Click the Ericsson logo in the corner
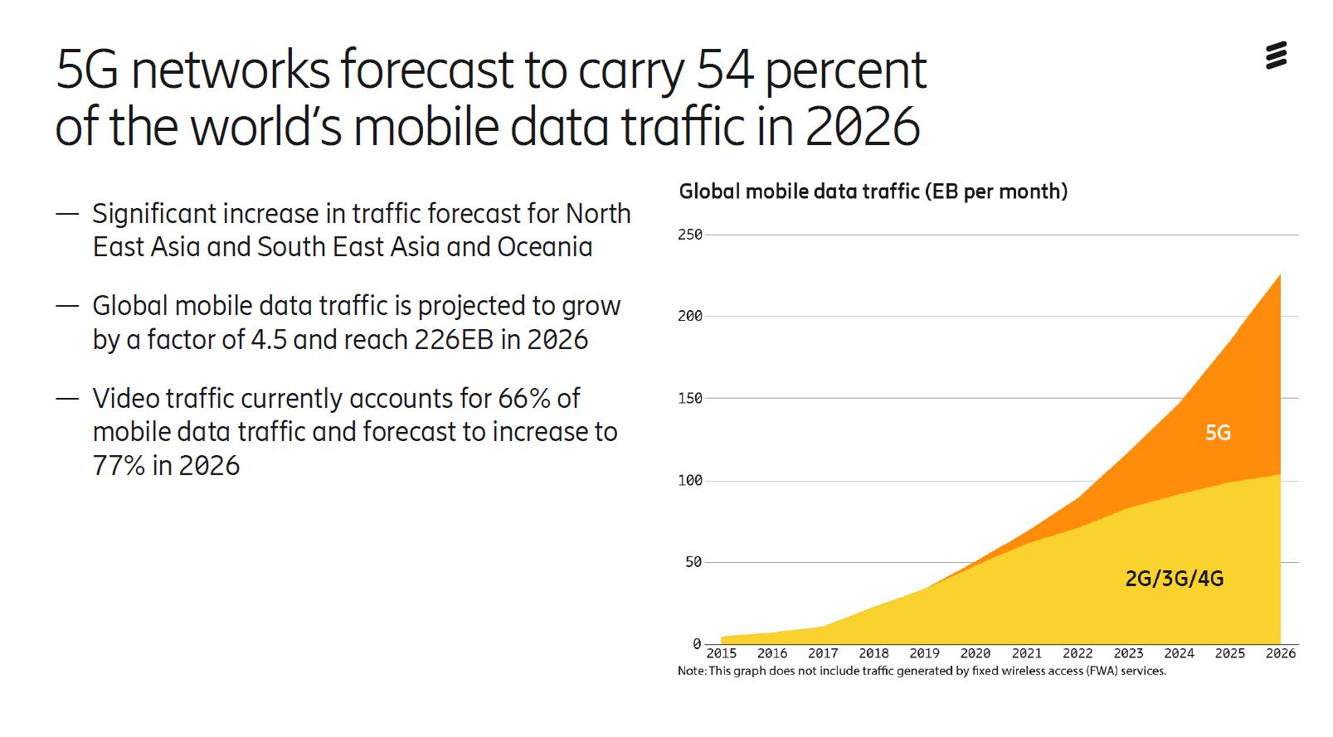[1276, 56]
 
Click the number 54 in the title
[724, 70]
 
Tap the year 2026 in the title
[863, 127]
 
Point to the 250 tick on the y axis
[689, 235]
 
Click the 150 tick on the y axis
[689, 399]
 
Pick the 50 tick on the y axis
[693, 562]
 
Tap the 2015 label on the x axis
[721, 653]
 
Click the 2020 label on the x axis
[975, 653]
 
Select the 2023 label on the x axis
[1127, 653]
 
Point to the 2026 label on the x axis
[1280, 653]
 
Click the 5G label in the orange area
[1217, 433]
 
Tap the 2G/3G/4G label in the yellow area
[1174, 579]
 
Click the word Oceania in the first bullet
[544, 247]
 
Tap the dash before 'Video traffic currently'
[67, 399]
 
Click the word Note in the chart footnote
[691, 671]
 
